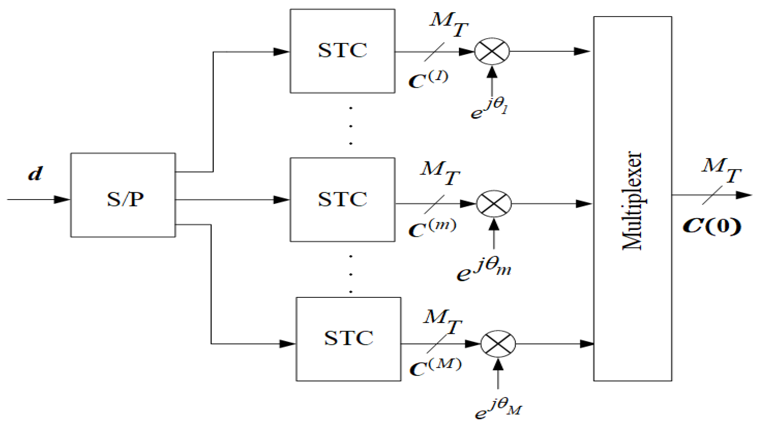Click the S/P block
click(123, 195)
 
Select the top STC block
click(342, 51)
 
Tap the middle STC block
click(342, 199)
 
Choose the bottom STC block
click(348, 339)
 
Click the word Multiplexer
click(632, 201)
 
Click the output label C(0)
click(712, 226)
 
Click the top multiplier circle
click(492, 51)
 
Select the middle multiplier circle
click(494, 204)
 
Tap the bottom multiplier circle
click(498, 344)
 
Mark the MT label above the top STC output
click(448, 25)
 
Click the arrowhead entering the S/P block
click(62, 199)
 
